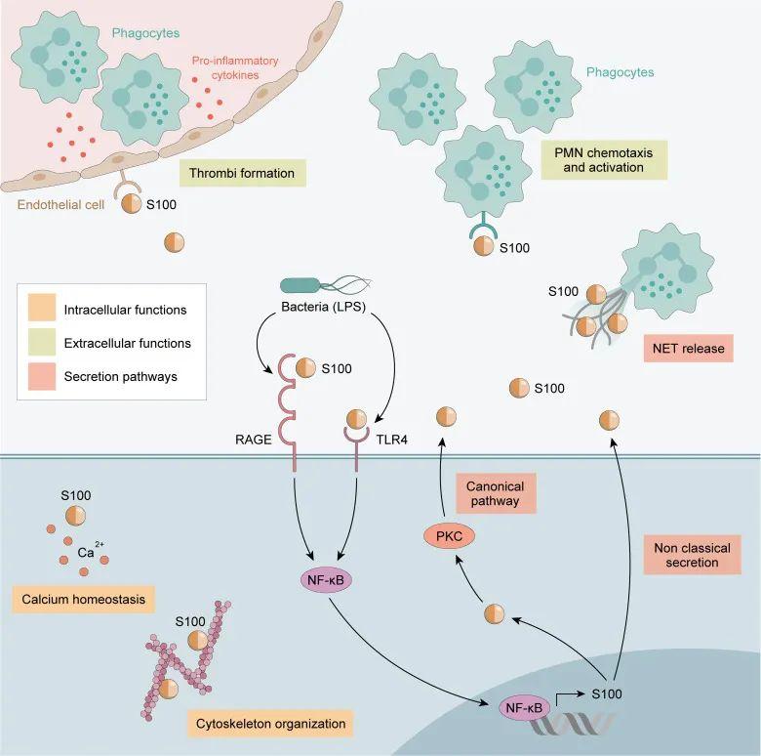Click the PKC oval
[x=449, y=536]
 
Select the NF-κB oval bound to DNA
[x=524, y=708]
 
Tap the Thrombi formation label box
[x=243, y=173]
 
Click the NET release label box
[x=688, y=349]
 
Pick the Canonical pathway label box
[x=496, y=493]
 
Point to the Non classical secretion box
[x=692, y=555]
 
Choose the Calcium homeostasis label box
[x=83, y=599]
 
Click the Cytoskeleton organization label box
[x=270, y=724]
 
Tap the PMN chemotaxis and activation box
[x=604, y=160]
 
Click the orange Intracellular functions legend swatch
[x=42, y=308]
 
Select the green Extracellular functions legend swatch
[x=42, y=342]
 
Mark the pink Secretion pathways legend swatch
[x=42, y=377]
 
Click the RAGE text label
[x=254, y=440]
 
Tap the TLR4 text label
[x=391, y=440]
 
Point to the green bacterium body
[x=300, y=285]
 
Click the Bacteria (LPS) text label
[x=323, y=307]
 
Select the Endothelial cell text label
[x=60, y=204]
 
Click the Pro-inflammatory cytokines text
[x=235, y=68]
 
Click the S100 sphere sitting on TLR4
[x=357, y=419]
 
